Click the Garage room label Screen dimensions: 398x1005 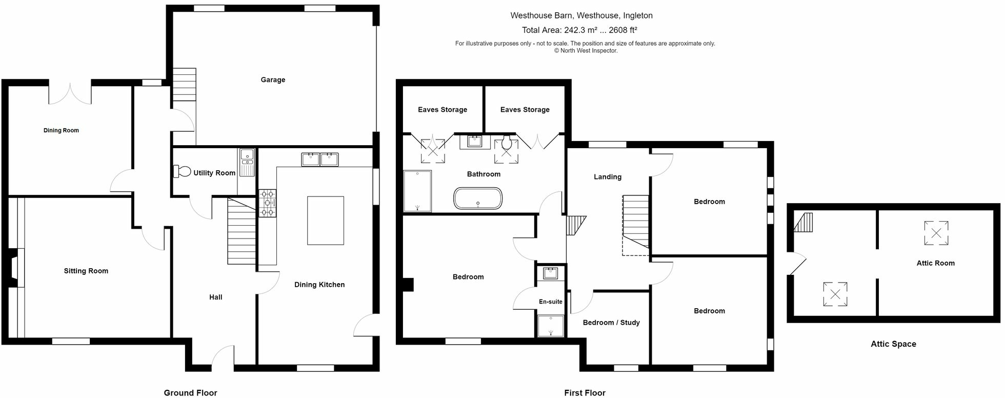click(273, 80)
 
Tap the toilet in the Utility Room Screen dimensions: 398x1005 click(183, 171)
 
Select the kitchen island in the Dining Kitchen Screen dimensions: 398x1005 click(325, 221)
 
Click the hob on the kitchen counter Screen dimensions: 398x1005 click(267, 203)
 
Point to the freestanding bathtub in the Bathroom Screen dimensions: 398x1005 click(478, 198)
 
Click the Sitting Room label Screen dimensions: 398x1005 click(86, 271)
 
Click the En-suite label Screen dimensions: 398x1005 click(550, 302)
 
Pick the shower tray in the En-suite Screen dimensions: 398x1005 click(551, 326)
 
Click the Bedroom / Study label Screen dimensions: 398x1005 click(611, 323)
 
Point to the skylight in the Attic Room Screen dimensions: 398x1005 click(936, 233)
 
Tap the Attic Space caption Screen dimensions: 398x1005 click(893, 344)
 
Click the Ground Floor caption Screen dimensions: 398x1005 click(190, 393)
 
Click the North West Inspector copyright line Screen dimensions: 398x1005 click(586, 51)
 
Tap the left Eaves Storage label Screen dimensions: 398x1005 click(442, 110)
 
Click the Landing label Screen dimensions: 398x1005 click(608, 177)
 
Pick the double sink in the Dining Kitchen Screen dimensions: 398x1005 click(320, 160)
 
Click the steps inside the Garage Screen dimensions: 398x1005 click(184, 85)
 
